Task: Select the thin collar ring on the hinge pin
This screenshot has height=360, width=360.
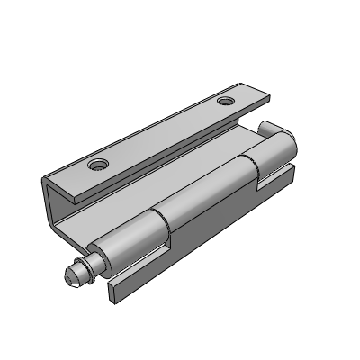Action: pos(82,267)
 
